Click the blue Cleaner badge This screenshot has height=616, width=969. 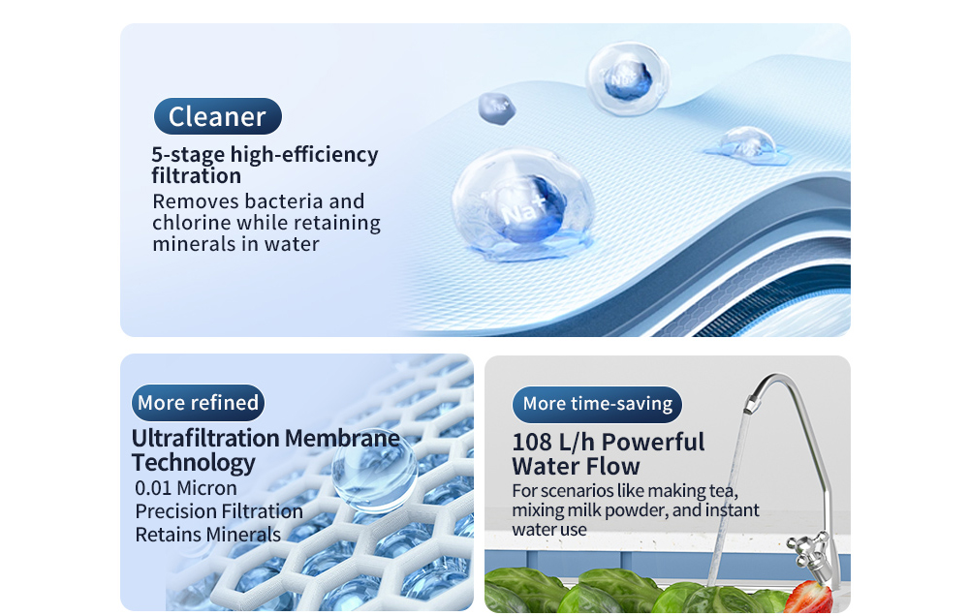point(217,116)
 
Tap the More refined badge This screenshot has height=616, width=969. point(198,403)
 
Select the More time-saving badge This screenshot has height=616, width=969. point(597,404)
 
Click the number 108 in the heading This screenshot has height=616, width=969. point(534,443)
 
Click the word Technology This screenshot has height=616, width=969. point(193,462)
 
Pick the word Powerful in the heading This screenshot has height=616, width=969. point(653,443)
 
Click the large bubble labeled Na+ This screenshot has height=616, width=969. point(523,202)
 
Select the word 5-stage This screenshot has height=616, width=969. point(187,155)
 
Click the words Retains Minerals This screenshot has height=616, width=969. point(207,535)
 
